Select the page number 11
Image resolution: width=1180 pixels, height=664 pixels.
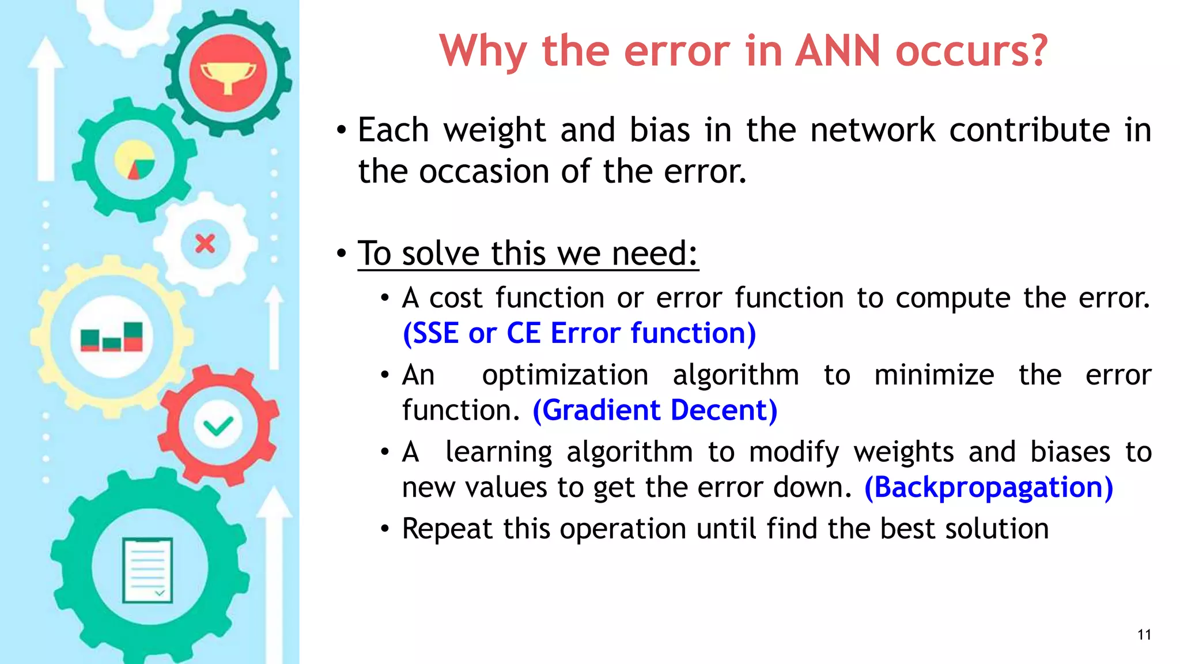coord(1144,635)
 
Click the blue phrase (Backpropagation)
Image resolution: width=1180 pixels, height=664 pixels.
coord(989,488)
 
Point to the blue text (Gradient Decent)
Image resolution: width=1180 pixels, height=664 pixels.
coord(655,410)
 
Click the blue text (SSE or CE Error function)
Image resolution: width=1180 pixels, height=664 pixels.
coord(579,334)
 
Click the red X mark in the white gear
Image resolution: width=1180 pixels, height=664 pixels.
coord(205,244)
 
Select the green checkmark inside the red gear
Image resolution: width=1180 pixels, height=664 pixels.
coord(218,427)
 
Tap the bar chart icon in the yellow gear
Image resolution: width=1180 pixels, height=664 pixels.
coord(112,337)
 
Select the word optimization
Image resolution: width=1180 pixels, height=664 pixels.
coord(565,375)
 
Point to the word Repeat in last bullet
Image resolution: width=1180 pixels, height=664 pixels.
coord(447,529)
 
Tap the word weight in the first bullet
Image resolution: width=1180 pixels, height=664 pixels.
coord(494,130)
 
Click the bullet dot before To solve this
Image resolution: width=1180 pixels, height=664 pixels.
coord(342,253)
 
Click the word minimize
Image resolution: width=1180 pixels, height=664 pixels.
coord(933,375)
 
